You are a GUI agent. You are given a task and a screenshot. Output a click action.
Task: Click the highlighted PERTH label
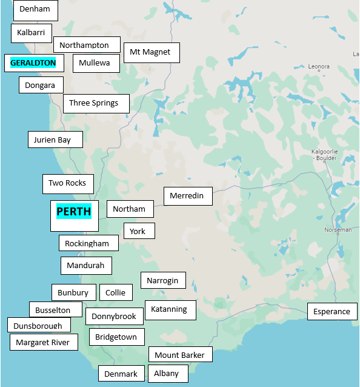pyautogui.click(x=74, y=212)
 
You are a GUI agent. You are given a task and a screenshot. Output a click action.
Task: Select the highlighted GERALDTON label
pyautogui.click(x=33, y=62)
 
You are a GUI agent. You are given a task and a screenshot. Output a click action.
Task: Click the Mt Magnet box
pyautogui.click(x=151, y=52)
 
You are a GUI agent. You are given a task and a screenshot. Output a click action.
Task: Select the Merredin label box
pyautogui.click(x=187, y=196)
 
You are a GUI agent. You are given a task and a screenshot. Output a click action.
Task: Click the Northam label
pyautogui.click(x=129, y=209)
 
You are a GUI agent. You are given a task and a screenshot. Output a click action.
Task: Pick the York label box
pyautogui.click(x=138, y=231)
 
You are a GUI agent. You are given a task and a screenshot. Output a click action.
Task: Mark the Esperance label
pyautogui.click(x=332, y=312)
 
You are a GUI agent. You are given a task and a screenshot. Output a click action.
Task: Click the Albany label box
pyautogui.click(x=167, y=374)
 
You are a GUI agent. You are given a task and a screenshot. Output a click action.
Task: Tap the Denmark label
pyautogui.click(x=121, y=374)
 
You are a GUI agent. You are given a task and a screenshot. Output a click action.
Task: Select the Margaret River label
pyautogui.click(x=43, y=342)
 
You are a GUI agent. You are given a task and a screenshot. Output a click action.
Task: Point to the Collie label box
pyautogui.click(x=115, y=292)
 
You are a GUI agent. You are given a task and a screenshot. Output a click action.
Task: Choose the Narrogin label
pyautogui.click(x=162, y=280)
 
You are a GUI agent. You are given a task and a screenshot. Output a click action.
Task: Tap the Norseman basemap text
pyautogui.click(x=338, y=230)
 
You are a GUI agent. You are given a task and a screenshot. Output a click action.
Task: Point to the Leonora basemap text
pyautogui.click(x=319, y=67)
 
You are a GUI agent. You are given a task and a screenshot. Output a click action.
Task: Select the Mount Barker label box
pyautogui.click(x=180, y=355)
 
